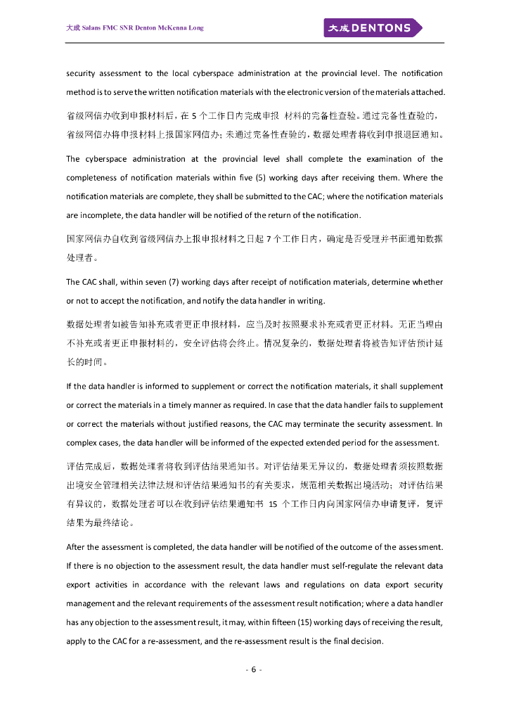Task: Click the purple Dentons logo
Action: coord(373,28)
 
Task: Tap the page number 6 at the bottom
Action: coord(254,669)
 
